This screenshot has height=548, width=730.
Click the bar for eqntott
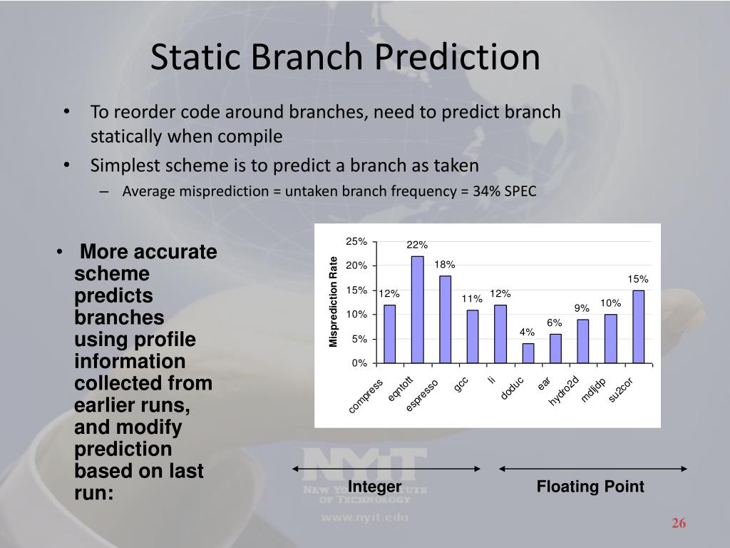point(417,310)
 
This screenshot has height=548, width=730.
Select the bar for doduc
point(528,353)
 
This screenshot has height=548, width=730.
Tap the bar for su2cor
point(638,327)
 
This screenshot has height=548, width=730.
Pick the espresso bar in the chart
point(445,319)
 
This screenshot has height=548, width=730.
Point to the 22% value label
point(416,245)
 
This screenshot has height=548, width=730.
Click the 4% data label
point(527,332)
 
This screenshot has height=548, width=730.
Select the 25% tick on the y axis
point(356,241)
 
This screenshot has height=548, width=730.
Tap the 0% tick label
point(359,363)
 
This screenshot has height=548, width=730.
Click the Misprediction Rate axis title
point(333,302)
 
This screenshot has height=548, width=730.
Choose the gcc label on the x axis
point(461,385)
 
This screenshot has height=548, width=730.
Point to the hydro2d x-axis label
point(564,390)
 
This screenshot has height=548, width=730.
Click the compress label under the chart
point(366,396)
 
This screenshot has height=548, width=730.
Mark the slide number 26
point(679,523)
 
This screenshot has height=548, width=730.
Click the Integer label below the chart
point(374,487)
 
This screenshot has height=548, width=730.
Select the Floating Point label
point(590,487)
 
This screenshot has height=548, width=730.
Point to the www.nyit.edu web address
point(364,517)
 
